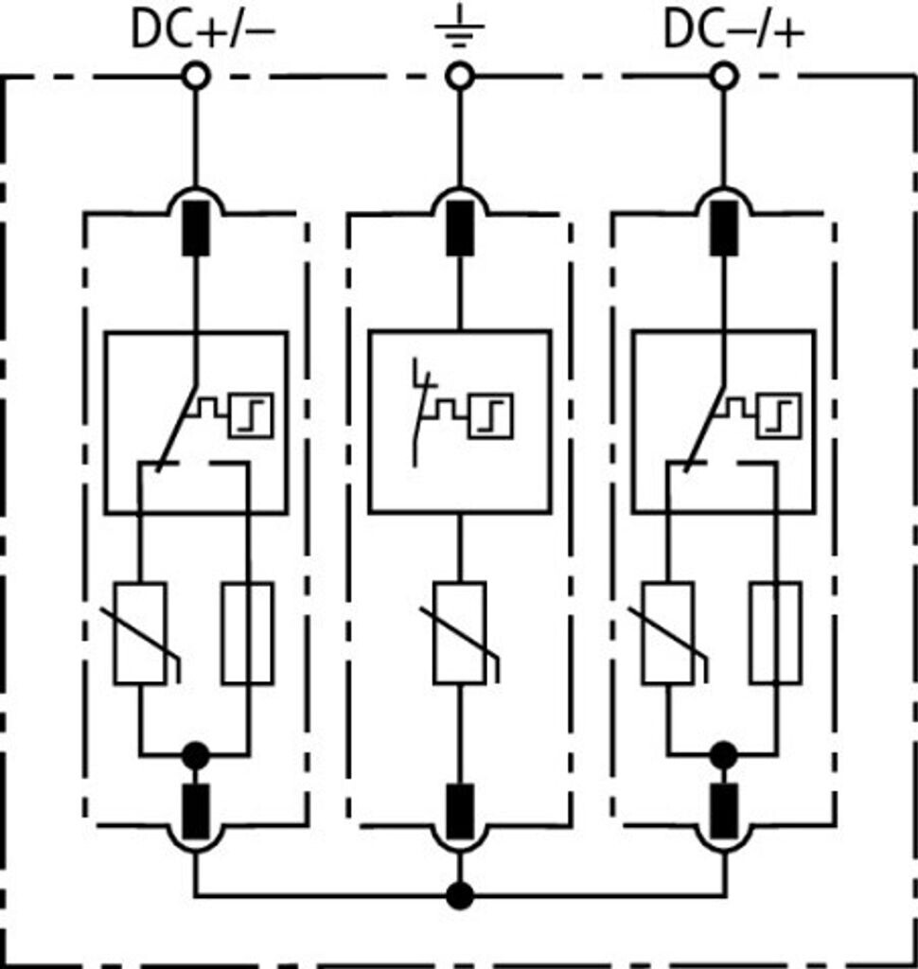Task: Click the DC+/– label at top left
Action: (203, 29)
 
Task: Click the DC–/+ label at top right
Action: (733, 29)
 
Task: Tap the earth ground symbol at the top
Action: (459, 26)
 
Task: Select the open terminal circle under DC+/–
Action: (196, 77)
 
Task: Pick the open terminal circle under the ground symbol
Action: (459, 77)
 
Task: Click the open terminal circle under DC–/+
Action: (724, 77)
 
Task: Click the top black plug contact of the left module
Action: (196, 227)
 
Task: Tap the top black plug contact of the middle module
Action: (459, 227)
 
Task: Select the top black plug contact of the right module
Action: (724, 227)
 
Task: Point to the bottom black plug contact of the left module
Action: (196, 811)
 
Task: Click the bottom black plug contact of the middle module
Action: (459, 811)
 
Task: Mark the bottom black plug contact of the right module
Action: (724, 811)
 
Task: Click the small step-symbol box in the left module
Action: (251, 415)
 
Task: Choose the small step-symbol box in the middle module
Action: (491, 415)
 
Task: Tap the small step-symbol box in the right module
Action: (779, 415)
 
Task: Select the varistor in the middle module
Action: (459, 633)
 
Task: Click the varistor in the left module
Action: (140, 633)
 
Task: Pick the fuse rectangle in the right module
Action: (776, 633)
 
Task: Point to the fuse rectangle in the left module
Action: (248, 633)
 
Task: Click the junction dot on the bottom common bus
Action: (459, 895)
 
